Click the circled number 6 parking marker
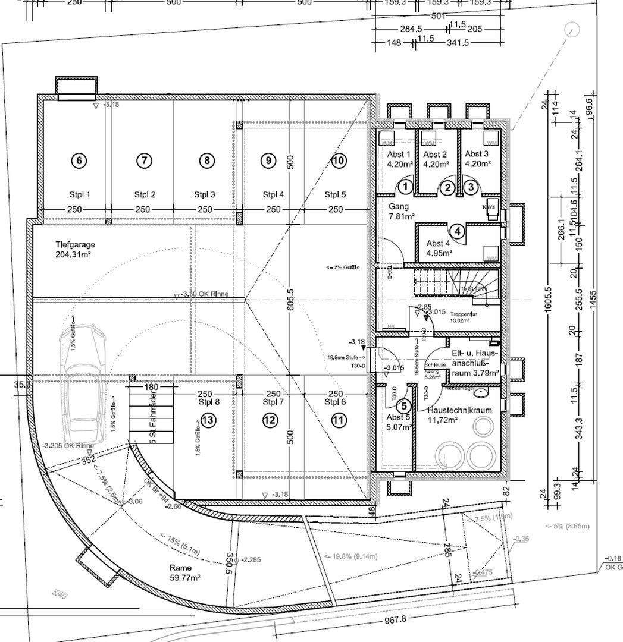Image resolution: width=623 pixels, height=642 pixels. click(x=79, y=160)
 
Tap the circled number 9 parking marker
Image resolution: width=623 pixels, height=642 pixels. click(x=269, y=160)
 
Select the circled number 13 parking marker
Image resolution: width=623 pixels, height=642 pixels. click(x=208, y=420)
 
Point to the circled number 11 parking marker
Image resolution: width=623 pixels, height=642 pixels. click(x=339, y=420)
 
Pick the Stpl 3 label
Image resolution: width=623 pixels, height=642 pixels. click(x=205, y=194)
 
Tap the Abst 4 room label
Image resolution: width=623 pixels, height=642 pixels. click(x=439, y=248)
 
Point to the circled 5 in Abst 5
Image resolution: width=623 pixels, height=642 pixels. click(x=404, y=407)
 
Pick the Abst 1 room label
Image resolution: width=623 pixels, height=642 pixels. click(x=399, y=159)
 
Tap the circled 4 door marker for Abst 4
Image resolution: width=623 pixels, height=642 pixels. click(x=457, y=231)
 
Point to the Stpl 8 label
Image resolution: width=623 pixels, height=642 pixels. click(x=209, y=402)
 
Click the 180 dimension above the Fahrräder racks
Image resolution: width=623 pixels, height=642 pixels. click(x=151, y=387)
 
